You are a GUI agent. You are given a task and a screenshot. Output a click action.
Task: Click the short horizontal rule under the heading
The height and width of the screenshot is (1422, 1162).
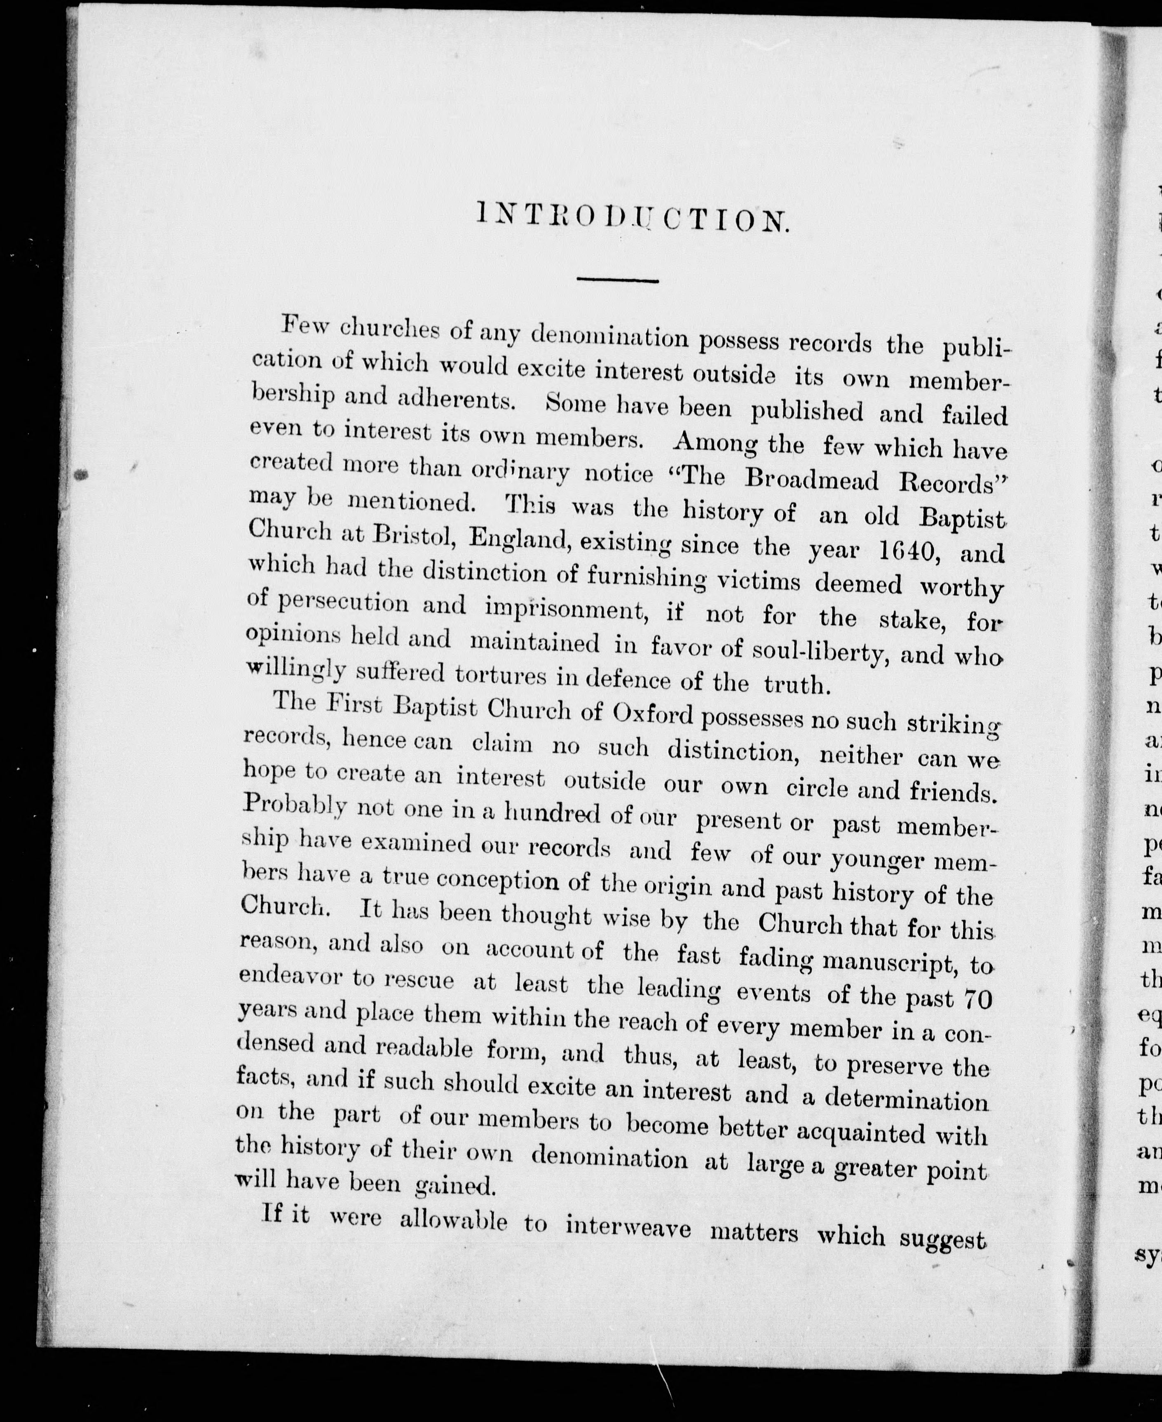[618, 280]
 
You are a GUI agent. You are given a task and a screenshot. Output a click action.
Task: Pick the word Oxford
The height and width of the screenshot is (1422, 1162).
[653, 714]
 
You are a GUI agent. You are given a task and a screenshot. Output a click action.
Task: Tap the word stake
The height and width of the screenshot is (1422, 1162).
[910, 619]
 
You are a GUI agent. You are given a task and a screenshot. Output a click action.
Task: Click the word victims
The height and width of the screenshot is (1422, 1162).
[758, 580]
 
